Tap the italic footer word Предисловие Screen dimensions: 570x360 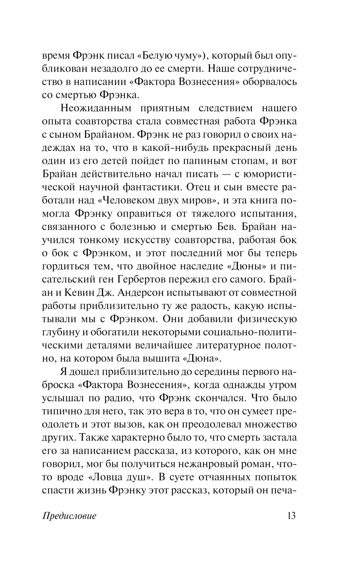point(69,516)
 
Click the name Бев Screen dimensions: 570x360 point(226,226)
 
